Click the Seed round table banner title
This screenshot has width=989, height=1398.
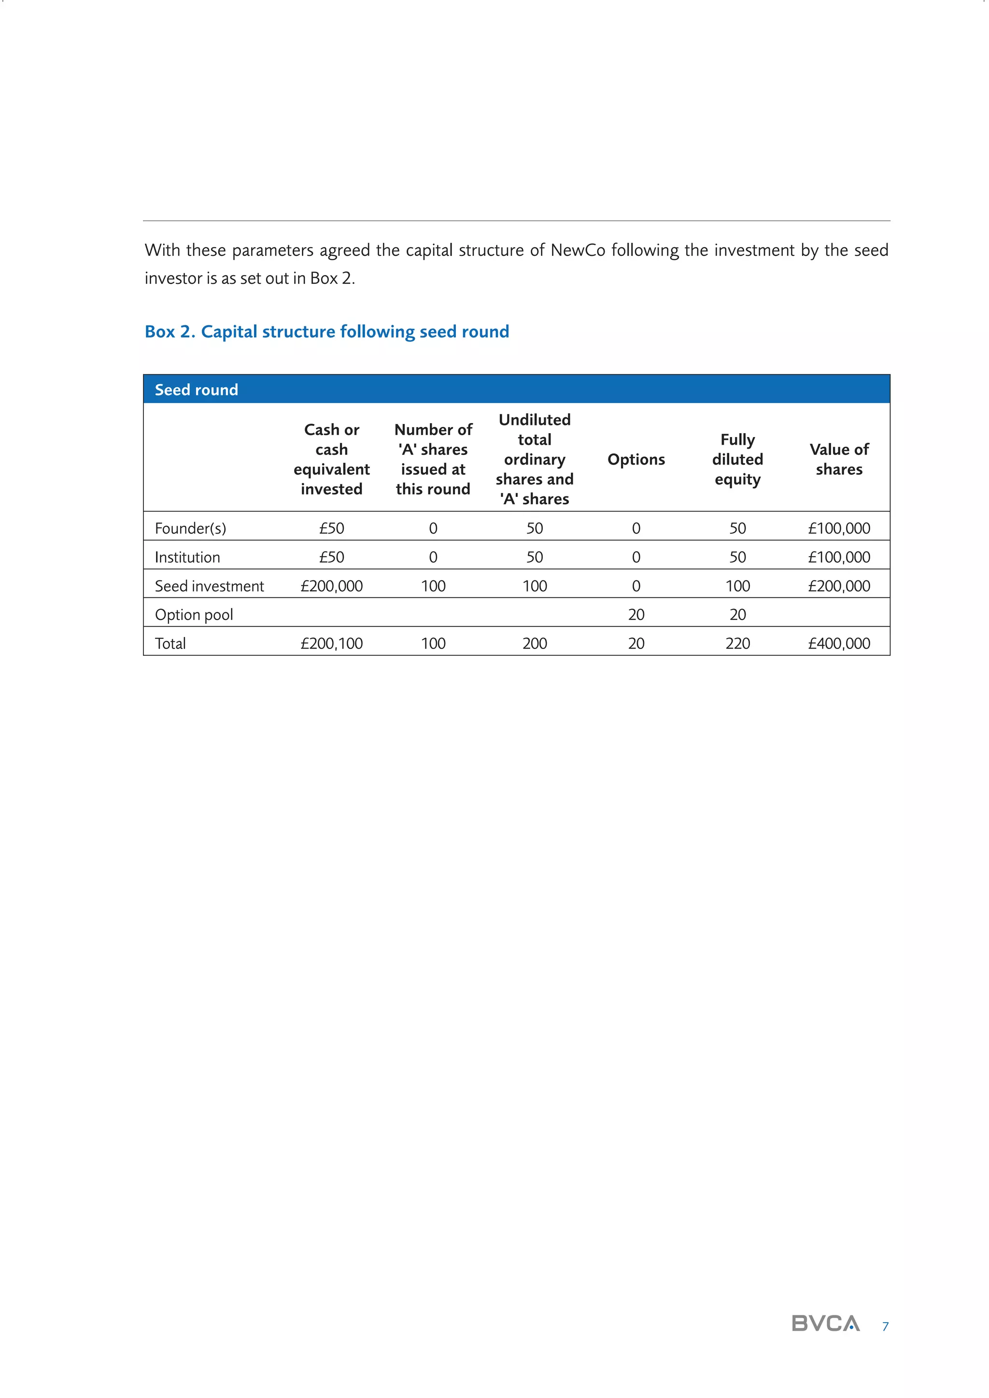196,390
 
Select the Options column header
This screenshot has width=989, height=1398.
636,459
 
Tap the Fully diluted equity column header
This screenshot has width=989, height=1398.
737,459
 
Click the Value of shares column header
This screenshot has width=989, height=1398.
839,459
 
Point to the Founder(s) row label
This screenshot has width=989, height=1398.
190,528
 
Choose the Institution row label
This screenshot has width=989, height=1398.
187,557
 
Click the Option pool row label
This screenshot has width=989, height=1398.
194,614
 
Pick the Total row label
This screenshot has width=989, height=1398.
170,644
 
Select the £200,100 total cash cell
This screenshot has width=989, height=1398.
331,644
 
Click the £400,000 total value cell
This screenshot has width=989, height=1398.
839,644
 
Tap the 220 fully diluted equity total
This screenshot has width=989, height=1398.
737,644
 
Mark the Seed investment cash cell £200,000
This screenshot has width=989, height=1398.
331,586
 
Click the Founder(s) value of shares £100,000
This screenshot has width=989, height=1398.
839,528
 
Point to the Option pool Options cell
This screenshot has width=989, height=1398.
636,614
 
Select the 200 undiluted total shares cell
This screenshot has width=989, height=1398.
534,644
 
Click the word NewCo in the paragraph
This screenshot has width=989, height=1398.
578,250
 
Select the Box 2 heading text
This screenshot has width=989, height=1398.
326,332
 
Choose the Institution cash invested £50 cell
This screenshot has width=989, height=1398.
331,557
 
